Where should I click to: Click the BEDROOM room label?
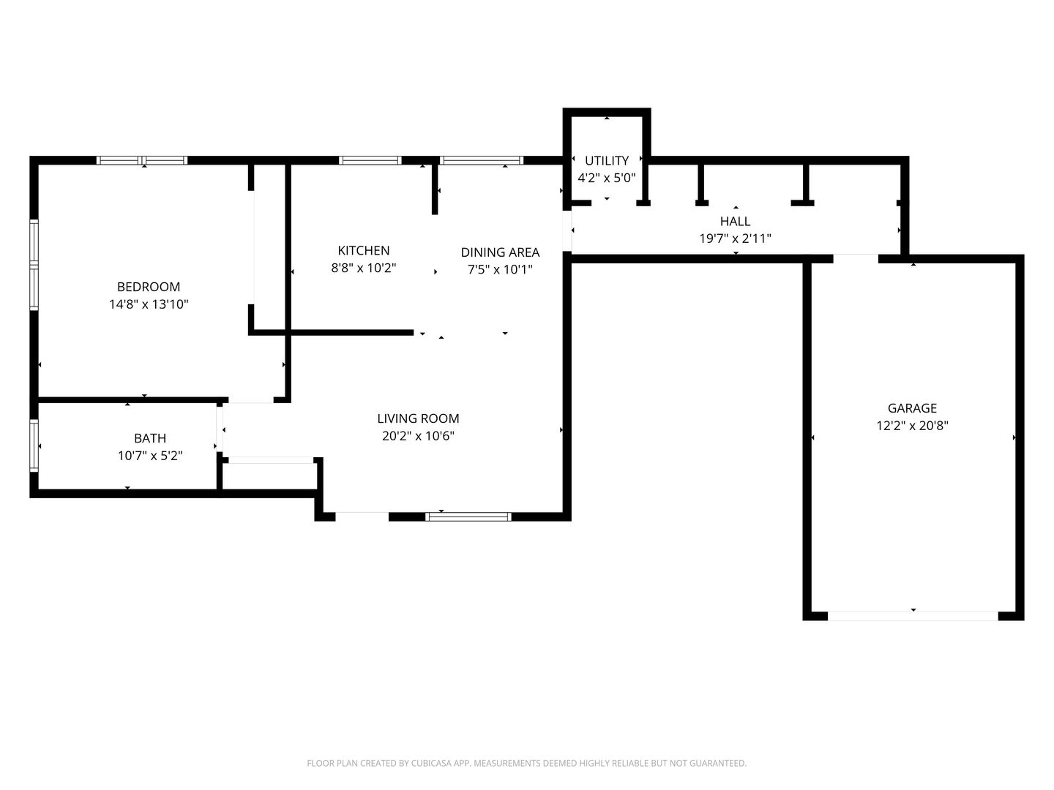click(149, 287)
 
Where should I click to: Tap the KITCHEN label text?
click(364, 250)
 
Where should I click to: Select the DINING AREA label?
click(500, 252)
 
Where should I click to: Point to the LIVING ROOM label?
click(418, 418)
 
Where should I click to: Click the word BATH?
click(150, 438)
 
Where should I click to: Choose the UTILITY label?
click(607, 161)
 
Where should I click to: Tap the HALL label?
click(735, 222)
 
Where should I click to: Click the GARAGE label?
click(912, 408)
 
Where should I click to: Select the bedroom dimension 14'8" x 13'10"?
click(149, 304)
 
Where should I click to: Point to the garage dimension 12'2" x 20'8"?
click(912, 426)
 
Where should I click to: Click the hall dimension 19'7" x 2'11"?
click(735, 238)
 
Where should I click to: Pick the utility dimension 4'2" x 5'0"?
click(607, 178)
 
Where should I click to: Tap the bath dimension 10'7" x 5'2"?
click(150, 455)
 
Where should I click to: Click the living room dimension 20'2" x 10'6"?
click(418, 436)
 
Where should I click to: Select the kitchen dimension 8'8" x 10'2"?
click(364, 268)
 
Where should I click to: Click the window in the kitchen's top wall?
click(370, 160)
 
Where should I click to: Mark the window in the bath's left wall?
click(34, 445)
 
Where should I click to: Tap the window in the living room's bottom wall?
click(468, 516)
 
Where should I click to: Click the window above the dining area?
click(481, 160)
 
